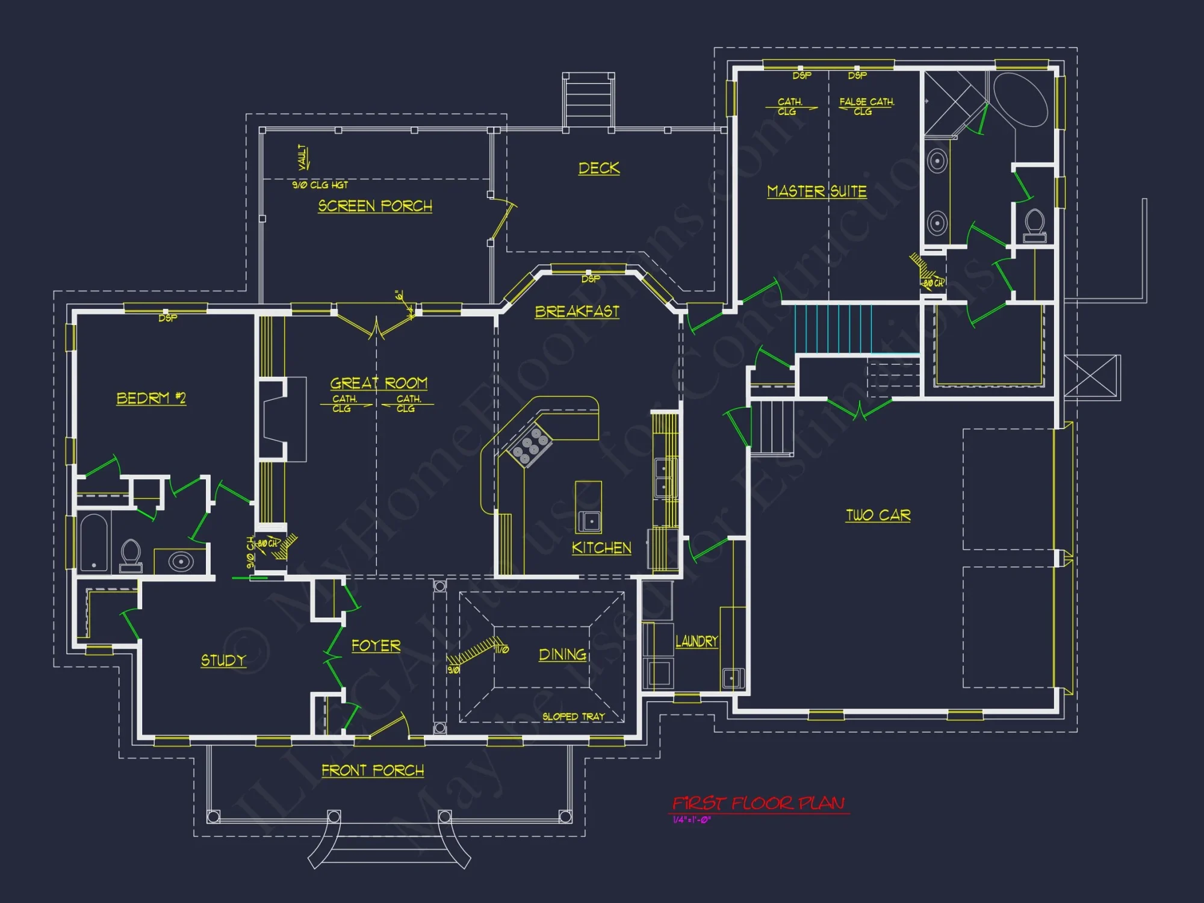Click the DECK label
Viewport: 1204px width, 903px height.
pos(598,168)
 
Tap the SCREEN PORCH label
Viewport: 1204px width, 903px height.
pos(374,206)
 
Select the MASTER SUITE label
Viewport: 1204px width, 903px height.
pos(816,191)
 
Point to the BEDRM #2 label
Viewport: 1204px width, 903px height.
pos(150,399)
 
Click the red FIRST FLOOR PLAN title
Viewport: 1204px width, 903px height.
pos(759,803)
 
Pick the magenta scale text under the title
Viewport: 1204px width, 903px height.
pos(692,820)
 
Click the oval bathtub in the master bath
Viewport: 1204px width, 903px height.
pos(1020,99)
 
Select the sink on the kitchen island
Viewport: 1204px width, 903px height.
pos(590,521)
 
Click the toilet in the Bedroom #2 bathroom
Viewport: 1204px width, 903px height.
pos(131,555)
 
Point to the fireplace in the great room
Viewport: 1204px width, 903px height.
pos(274,419)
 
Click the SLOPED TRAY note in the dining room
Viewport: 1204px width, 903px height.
pos(573,716)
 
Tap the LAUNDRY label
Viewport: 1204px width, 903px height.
pos(697,642)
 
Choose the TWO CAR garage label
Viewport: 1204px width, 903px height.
pos(878,515)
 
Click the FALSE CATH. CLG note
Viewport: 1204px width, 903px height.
pos(866,107)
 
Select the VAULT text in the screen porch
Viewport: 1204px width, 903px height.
pos(303,157)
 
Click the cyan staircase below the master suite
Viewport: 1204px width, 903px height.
pos(833,329)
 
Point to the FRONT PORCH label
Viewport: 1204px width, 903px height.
pos(372,771)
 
